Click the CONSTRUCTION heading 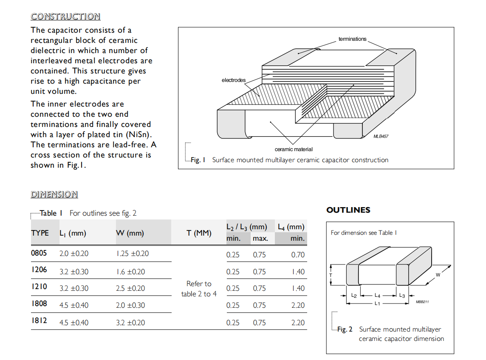click(x=65, y=17)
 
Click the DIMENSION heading click(x=54, y=194)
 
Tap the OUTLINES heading click(x=348, y=210)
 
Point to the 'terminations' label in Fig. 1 click(x=352, y=39)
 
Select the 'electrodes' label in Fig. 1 click(x=233, y=80)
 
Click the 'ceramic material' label click(x=294, y=149)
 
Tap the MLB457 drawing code click(x=381, y=136)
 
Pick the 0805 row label click(x=39, y=253)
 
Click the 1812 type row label click(x=39, y=321)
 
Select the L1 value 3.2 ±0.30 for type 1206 click(x=74, y=272)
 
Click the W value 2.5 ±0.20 click(x=130, y=288)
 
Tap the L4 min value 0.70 click(x=298, y=255)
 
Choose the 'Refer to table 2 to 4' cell click(x=199, y=289)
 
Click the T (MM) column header click(x=199, y=233)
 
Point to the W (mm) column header click(x=130, y=233)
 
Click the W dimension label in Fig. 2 click(x=438, y=275)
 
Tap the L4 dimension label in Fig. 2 click(x=377, y=295)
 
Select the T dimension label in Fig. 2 click(x=331, y=275)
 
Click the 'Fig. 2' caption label click(x=345, y=329)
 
